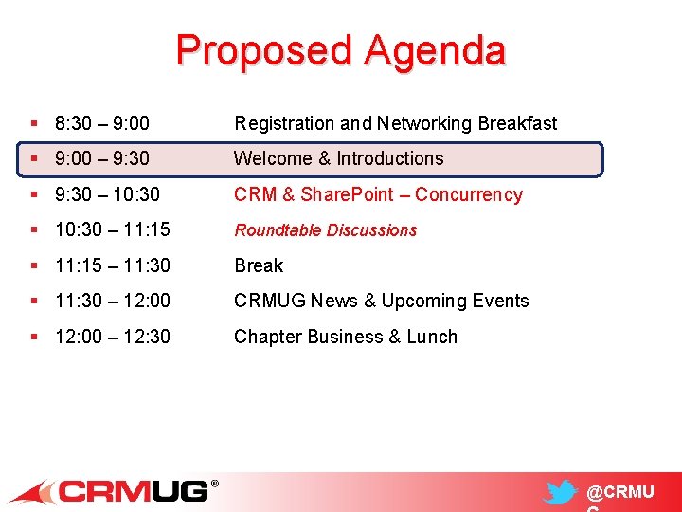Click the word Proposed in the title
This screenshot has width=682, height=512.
263,50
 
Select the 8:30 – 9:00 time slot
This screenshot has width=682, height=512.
102,123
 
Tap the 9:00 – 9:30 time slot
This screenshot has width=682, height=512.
102,159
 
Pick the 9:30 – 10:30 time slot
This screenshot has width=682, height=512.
108,194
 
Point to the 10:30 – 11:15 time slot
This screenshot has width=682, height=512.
113,230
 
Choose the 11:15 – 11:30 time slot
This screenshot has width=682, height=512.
113,265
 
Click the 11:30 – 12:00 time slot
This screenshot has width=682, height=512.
113,301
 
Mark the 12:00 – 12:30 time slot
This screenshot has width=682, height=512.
113,337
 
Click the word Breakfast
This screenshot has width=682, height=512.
517,123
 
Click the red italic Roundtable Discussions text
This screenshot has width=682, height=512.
326,230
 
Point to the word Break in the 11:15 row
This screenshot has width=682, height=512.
259,265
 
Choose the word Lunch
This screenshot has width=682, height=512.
432,337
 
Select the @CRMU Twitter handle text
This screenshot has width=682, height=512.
620,493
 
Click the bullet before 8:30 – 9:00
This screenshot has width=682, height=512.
34,123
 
